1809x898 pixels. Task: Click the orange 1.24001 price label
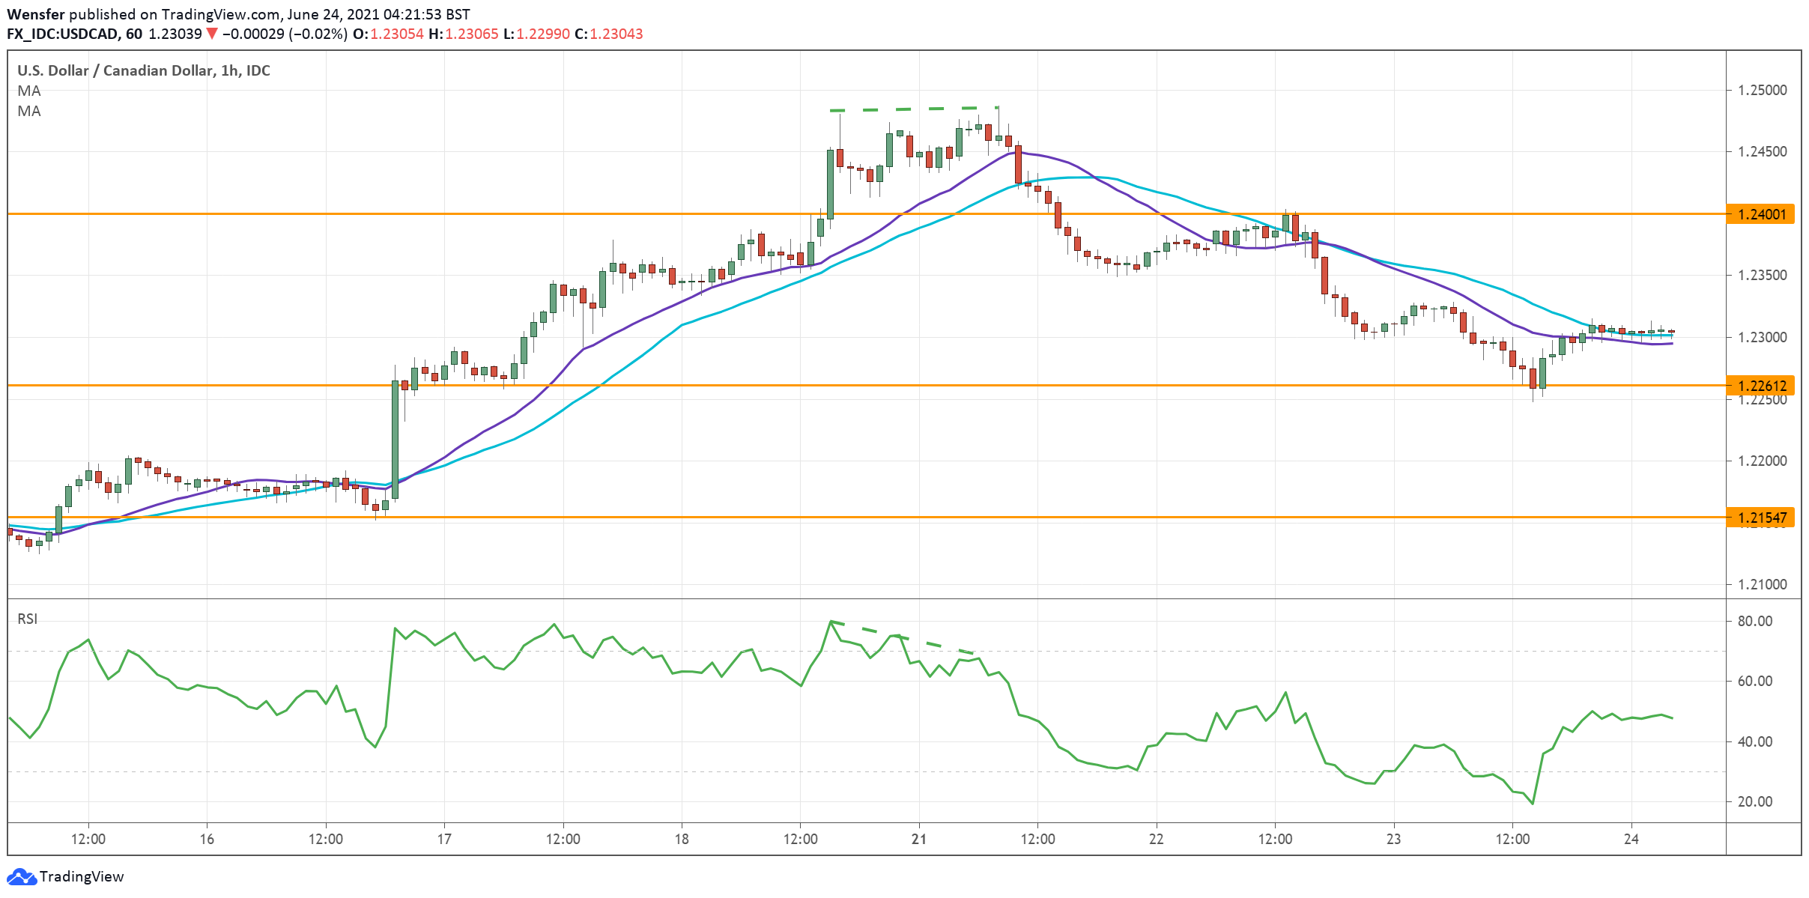point(1761,215)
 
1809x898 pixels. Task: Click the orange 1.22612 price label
point(1761,386)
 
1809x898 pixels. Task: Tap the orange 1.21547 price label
point(1761,518)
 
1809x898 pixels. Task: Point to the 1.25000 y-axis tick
point(1762,90)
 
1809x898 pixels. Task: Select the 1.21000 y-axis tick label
point(1762,584)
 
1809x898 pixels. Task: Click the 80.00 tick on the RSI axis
point(1754,621)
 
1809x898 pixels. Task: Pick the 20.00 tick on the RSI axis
point(1754,801)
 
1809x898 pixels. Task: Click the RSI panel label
point(28,619)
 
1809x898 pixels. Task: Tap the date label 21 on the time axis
point(918,839)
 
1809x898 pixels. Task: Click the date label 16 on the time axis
point(207,839)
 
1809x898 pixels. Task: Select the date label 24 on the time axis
point(1631,839)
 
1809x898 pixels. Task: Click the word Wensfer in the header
point(35,14)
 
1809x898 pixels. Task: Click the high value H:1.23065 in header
point(463,34)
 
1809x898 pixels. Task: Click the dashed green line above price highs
point(914,109)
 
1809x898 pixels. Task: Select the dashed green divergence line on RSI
point(899,637)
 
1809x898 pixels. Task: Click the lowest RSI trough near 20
point(1533,804)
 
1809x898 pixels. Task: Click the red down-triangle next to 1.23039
point(212,34)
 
